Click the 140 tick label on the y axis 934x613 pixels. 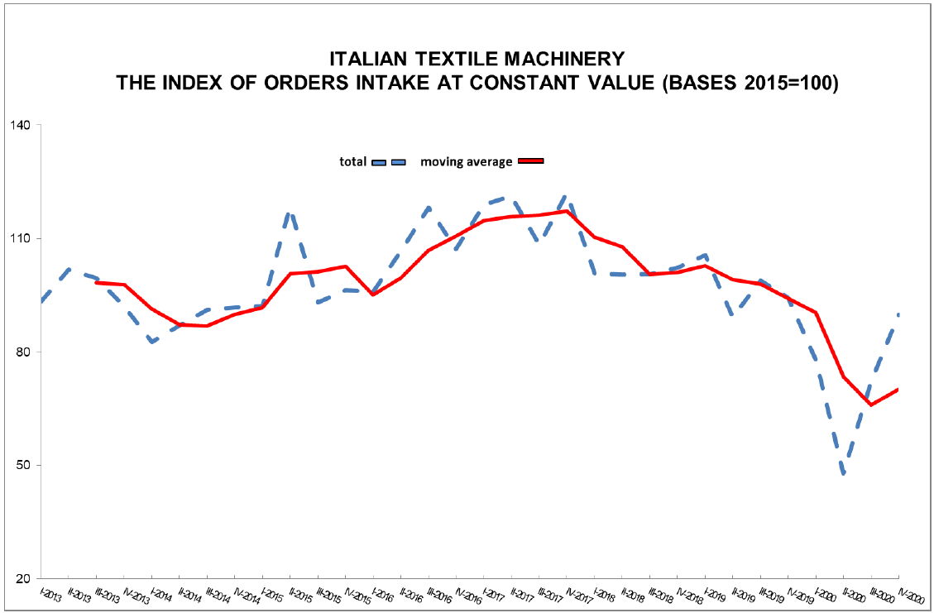[20, 126]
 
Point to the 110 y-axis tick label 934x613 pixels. [20, 239]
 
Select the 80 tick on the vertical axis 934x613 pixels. [22, 352]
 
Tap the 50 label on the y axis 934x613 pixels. [22, 466]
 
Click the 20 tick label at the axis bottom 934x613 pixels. [22, 578]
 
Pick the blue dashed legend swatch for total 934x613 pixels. [387, 162]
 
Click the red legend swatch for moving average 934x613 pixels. [530, 161]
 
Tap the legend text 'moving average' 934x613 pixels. [466, 161]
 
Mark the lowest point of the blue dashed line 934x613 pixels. [843, 474]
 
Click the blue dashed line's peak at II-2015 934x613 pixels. [290, 213]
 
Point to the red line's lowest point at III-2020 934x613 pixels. [870, 405]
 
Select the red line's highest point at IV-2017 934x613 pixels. [567, 211]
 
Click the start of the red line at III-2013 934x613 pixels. [97, 282]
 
